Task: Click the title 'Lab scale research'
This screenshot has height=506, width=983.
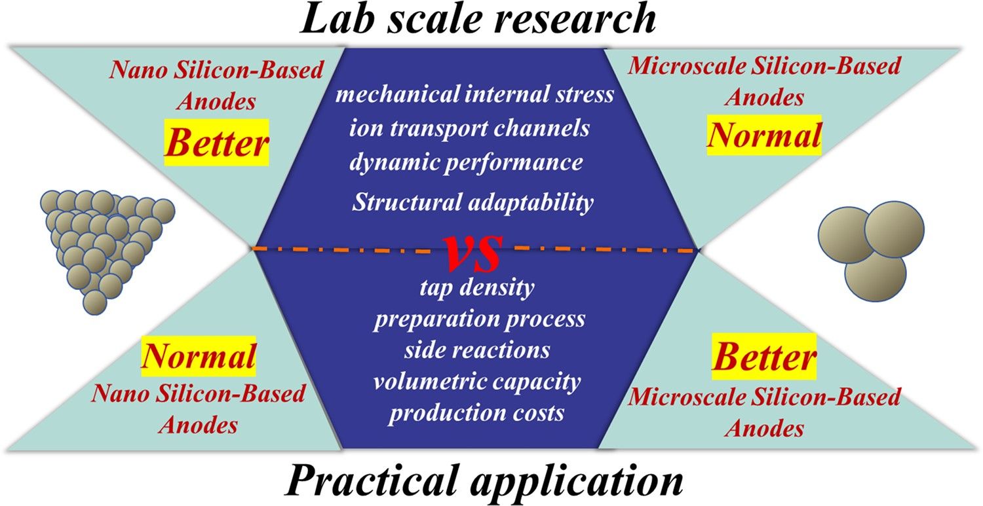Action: coord(476,20)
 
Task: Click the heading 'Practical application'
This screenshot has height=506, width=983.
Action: coord(484,482)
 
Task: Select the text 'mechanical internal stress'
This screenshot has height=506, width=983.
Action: coord(474,94)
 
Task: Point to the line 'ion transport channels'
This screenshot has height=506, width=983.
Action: coord(469,128)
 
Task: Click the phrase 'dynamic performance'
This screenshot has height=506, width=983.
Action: coord(466,162)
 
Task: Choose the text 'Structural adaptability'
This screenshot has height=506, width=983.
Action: coord(472,202)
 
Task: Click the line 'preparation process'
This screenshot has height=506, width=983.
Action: coord(479,319)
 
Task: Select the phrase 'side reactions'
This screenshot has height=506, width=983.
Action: coord(476,350)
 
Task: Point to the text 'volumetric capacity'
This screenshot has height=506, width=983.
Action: coord(476,381)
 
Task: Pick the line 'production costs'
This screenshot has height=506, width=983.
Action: coord(476,413)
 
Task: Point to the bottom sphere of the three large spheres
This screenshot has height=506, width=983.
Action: coord(875,275)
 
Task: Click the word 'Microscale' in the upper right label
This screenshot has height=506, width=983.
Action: coord(677,66)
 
